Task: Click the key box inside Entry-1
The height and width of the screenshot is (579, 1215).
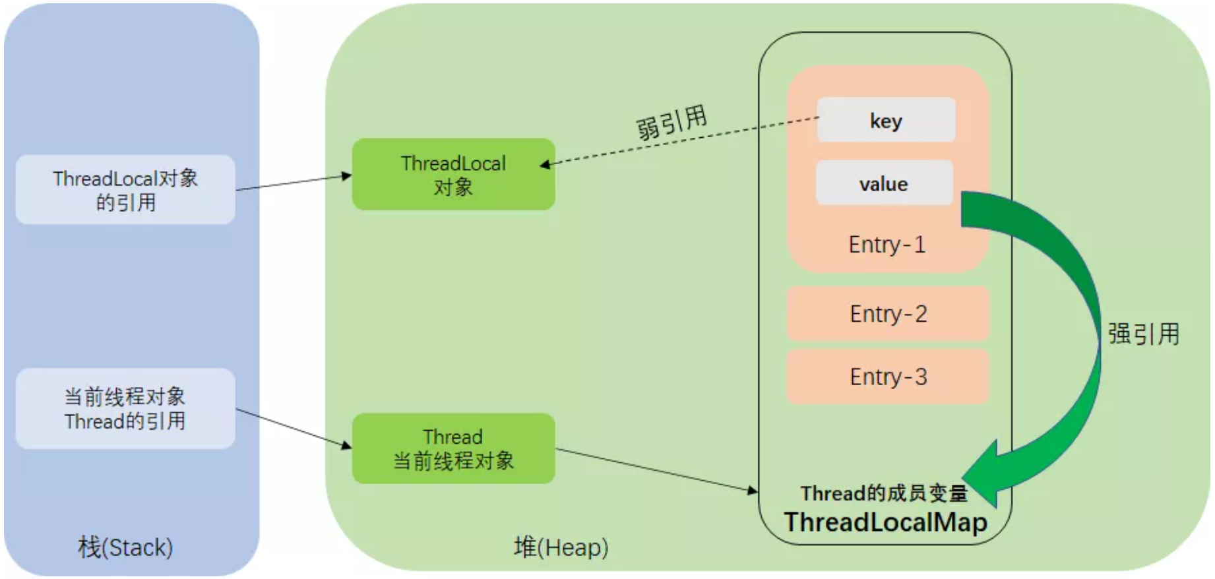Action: (x=886, y=120)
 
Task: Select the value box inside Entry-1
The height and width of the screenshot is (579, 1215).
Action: (x=884, y=183)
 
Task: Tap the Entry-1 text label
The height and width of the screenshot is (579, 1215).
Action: (x=887, y=245)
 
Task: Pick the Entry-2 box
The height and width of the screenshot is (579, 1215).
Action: (x=888, y=314)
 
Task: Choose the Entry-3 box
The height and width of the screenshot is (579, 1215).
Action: (x=888, y=377)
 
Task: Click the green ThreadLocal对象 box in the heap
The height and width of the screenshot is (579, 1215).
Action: (x=453, y=175)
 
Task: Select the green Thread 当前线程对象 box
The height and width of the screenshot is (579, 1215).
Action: (x=453, y=448)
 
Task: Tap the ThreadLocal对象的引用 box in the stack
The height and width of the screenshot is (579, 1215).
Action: (x=125, y=190)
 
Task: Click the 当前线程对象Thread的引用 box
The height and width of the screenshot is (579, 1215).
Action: (x=125, y=409)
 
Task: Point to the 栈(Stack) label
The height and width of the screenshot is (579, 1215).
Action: (x=125, y=547)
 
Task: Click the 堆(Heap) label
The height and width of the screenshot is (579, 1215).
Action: (x=561, y=547)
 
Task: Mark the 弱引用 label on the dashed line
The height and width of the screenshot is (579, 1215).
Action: (x=671, y=122)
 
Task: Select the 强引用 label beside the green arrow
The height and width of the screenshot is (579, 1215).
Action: (x=1143, y=334)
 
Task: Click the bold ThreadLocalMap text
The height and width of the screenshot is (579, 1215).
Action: (x=885, y=522)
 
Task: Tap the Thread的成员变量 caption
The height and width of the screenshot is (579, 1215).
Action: (x=884, y=493)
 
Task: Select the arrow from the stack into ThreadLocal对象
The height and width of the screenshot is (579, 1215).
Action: (x=294, y=183)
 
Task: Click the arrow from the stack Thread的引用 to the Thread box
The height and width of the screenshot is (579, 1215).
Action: (x=294, y=428)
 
